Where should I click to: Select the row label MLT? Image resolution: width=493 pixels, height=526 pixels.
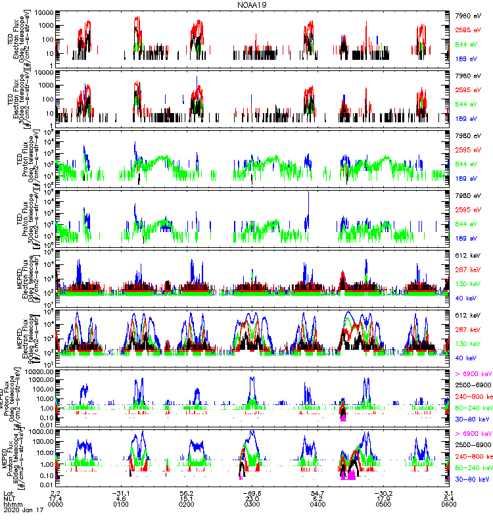[x=9, y=499]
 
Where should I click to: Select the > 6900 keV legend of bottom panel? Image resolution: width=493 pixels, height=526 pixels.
[x=473, y=435]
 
